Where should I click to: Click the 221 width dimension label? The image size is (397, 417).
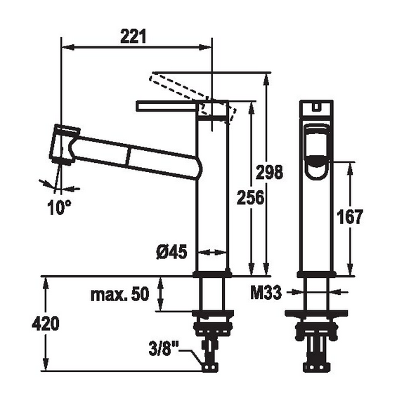tap(133, 37)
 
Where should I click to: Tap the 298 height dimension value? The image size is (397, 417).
tap(269, 172)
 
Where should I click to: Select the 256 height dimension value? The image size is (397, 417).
tap(251, 197)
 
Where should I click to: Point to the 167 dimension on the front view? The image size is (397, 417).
tap(350, 217)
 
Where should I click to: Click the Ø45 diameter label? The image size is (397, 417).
tap(171, 251)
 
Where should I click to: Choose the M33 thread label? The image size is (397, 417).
tap(266, 292)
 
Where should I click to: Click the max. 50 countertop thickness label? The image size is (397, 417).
tap(120, 294)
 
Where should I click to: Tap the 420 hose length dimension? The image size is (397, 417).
tap(46, 324)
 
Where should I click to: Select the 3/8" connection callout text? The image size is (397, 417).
tap(163, 348)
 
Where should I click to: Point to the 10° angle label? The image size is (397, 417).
tap(59, 207)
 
